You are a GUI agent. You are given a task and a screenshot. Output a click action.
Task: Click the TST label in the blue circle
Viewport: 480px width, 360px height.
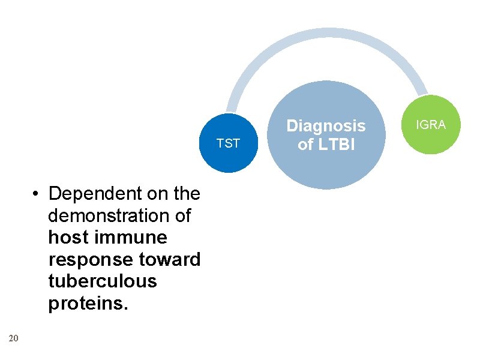228,143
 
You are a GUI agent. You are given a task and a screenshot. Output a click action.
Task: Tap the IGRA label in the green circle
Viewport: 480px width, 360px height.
431,125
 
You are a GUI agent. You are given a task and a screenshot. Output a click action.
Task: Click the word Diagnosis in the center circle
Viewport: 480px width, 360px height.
326,126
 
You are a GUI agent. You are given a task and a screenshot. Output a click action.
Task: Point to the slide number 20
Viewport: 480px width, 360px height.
14,339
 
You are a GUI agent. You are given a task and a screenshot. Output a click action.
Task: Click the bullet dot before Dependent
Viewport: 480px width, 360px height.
37,194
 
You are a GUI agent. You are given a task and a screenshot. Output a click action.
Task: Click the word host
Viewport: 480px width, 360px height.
66,238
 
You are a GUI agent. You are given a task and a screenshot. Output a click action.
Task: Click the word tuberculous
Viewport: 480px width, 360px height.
102,281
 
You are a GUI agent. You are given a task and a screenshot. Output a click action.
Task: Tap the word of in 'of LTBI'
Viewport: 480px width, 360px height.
305,145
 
